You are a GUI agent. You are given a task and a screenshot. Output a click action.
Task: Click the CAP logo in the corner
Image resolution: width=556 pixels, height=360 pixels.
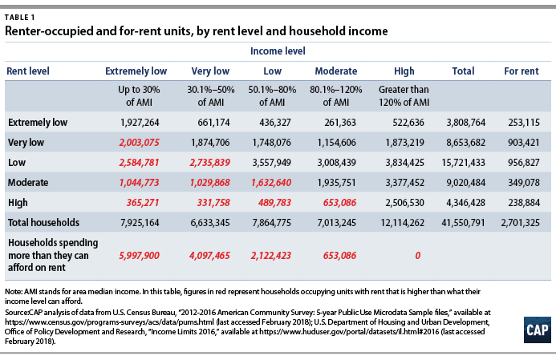pyautogui.click(x=538, y=330)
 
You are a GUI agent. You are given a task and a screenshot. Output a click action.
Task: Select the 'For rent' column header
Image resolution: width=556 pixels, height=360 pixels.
pyautogui.click(x=522, y=71)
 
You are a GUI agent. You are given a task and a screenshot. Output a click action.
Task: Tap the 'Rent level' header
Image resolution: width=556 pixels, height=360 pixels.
pyautogui.click(x=28, y=71)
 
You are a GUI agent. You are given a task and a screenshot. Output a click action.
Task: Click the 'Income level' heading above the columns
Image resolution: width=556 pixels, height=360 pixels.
pyautogui.click(x=278, y=51)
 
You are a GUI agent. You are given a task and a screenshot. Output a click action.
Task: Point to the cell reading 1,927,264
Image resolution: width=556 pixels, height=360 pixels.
pyautogui.click(x=140, y=123)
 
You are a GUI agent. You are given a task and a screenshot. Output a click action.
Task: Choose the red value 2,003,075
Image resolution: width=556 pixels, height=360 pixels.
pyautogui.click(x=139, y=143)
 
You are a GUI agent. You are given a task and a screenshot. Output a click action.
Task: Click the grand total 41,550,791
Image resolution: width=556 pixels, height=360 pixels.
pyautogui.click(x=463, y=223)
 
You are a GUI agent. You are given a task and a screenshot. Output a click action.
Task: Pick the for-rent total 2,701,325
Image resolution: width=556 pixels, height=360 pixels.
pyautogui.click(x=520, y=223)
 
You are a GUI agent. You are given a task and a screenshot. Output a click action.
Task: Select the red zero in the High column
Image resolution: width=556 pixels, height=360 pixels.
pyautogui.click(x=418, y=256)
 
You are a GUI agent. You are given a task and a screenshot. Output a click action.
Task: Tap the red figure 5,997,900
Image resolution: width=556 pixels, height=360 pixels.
pyautogui.click(x=139, y=256)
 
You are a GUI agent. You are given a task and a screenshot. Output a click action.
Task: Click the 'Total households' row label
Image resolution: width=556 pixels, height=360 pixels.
pyautogui.click(x=43, y=223)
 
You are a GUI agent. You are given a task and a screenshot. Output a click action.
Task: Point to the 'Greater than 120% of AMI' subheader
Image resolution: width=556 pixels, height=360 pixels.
pyautogui.click(x=404, y=96)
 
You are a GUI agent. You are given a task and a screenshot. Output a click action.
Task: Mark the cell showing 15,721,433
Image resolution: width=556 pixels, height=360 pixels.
pyautogui.click(x=463, y=163)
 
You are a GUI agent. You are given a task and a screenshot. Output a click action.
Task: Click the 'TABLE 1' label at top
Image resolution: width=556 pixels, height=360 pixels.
pyautogui.click(x=20, y=18)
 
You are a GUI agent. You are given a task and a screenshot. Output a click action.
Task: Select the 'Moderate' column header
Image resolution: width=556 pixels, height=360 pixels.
pyautogui.click(x=336, y=71)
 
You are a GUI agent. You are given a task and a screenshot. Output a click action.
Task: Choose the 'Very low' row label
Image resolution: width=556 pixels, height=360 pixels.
pyautogui.click(x=26, y=143)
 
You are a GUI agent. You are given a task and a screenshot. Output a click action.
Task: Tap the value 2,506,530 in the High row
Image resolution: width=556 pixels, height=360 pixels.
pyautogui.click(x=404, y=203)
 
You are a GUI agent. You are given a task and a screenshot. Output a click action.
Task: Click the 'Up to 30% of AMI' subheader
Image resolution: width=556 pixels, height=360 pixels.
pyautogui.click(x=139, y=96)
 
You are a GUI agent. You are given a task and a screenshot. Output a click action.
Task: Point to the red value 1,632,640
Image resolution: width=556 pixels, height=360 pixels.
pyautogui.click(x=271, y=183)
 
